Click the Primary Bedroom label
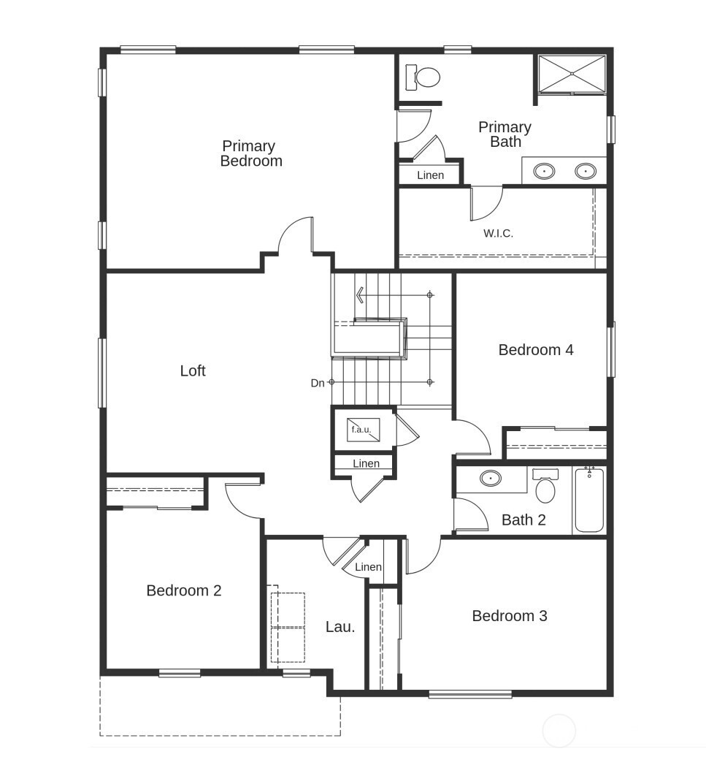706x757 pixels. coord(250,154)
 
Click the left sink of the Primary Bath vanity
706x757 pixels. coord(544,171)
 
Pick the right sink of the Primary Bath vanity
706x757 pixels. coord(586,171)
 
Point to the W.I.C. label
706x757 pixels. coord(498,234)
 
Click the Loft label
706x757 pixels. coord(193,371)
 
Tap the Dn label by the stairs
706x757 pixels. coord(318,383)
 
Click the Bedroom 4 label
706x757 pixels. coord(535,350)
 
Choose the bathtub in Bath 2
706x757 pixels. coord(588,500)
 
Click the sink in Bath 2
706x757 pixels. coord(491,479)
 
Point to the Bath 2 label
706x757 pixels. coord(523,520)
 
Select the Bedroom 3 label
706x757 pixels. coord(509,616)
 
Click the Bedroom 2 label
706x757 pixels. coord(183,590)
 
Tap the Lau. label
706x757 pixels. coord(340,627)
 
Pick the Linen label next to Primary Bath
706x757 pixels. coord(430,175)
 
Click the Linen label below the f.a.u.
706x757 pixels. coord(366,464)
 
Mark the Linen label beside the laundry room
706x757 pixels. coord(368,567)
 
